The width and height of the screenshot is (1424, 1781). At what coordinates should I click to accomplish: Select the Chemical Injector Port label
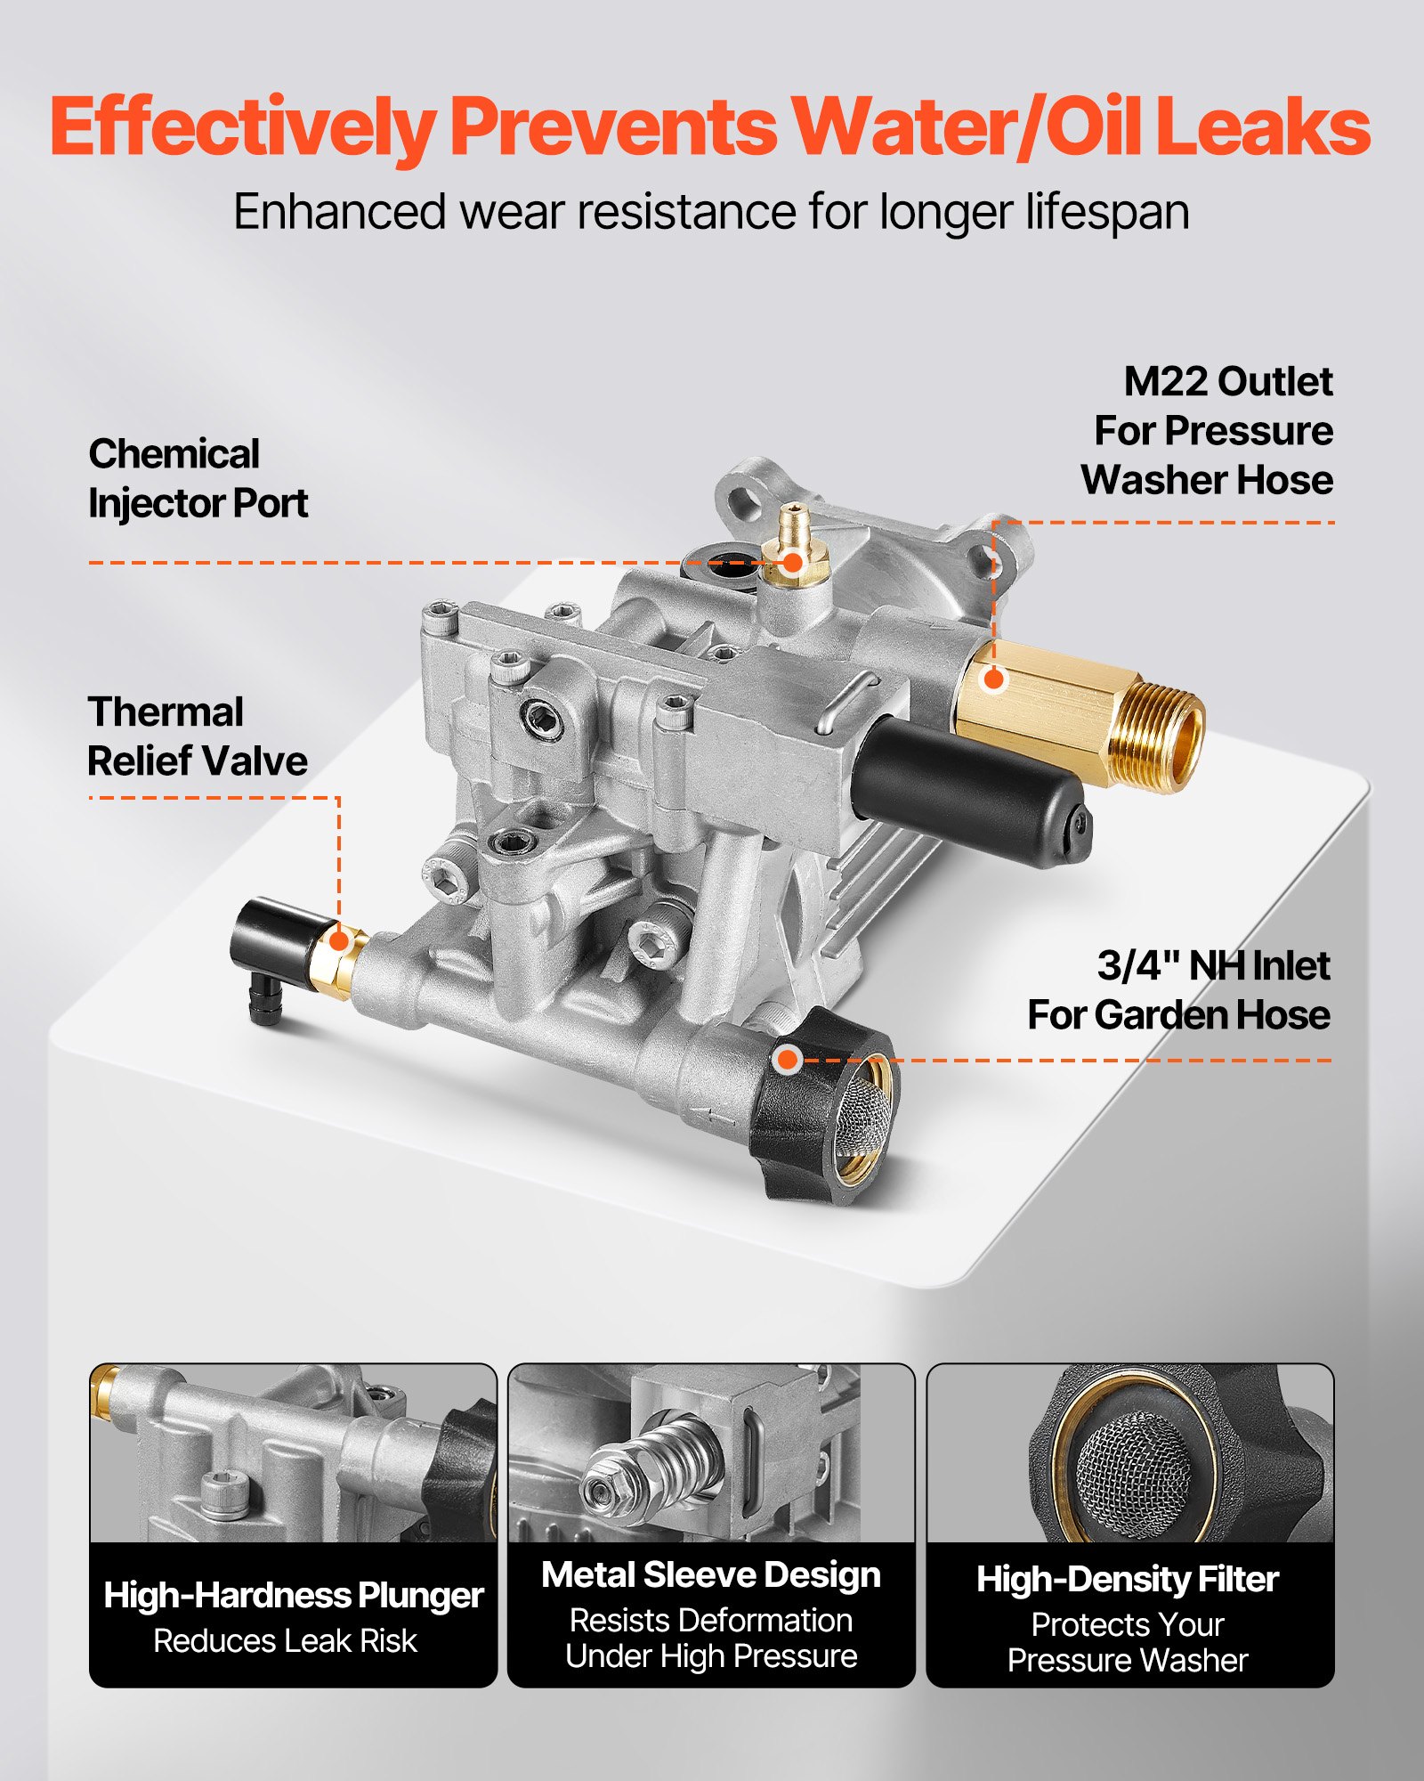(198, 479)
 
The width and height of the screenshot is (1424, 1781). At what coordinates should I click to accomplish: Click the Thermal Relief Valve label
(197, 736)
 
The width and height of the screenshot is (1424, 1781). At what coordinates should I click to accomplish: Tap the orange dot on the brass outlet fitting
(994, 679)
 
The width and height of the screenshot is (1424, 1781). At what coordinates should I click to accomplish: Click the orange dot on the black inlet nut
(787, 1060)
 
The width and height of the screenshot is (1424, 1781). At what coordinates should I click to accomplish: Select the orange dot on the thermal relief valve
(339, 940)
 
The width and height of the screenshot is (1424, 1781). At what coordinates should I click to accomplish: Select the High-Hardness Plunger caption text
(293, 1596)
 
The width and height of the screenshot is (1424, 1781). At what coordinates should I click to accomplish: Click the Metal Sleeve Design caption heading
(711, 1575)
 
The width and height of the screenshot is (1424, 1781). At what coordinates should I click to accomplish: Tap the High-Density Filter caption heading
(1128, 1580)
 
